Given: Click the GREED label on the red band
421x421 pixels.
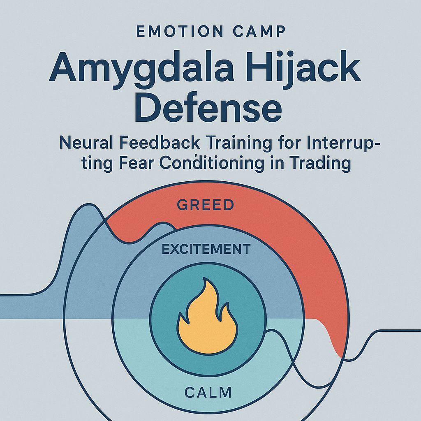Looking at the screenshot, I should coord(206,205).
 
